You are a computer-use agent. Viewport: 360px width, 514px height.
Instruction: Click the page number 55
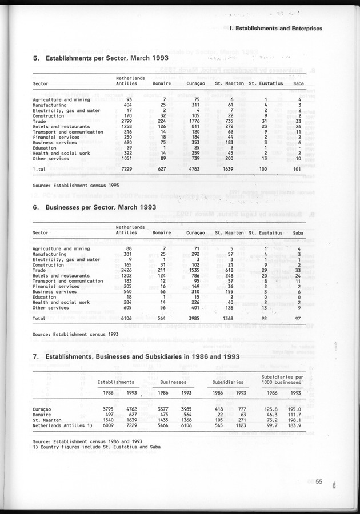coord(319,482)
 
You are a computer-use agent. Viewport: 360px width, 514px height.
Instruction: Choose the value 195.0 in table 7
coord(295,409)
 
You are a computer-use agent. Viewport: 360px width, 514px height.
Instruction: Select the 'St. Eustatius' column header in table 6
coord(266,233)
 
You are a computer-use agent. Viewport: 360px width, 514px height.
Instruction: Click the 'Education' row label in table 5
coord(45,148)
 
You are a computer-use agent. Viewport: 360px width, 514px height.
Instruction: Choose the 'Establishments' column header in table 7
coord(116,381)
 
